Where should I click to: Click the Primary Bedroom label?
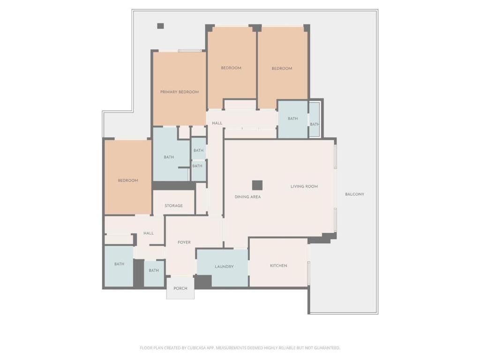point(180,92)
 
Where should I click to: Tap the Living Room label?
point(304,186)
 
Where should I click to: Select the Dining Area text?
point(247,197)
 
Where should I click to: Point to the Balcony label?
point(354,194)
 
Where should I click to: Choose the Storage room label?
point(173,206)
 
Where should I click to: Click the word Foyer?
point(184,242)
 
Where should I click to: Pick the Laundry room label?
point(224,267)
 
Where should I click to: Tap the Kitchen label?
point(278,266)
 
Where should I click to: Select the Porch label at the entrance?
point(180,288)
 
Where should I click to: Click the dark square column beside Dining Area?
point(257,185)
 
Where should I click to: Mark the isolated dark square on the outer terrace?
point(160,26)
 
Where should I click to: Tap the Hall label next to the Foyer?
point(149,233)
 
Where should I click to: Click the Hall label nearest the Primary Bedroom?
point(217,123)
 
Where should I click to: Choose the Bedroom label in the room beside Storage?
point(128,180)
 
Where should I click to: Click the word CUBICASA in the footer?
point(198,348)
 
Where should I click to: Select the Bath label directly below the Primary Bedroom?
point(169,157)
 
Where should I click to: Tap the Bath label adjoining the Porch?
point(154,270)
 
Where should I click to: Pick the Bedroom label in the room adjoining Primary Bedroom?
point(231,68)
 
